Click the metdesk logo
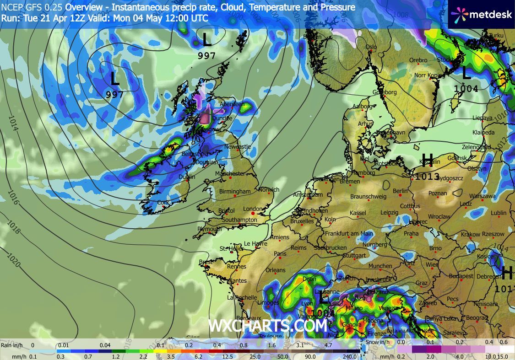[x=481, y=14]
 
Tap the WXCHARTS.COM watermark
[x=268, y=326]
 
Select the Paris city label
[x=280, y=253]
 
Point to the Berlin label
[x=400, y=191]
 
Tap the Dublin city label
[x=186, y=177]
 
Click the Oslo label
[x=371, y=47]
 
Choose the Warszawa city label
[x=482, y=196]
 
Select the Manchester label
[x=232, y=174]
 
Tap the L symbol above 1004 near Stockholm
[x=466, y=72]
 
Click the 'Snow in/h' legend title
[x=380, y=342]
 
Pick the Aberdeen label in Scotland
[x=231, y=104]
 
